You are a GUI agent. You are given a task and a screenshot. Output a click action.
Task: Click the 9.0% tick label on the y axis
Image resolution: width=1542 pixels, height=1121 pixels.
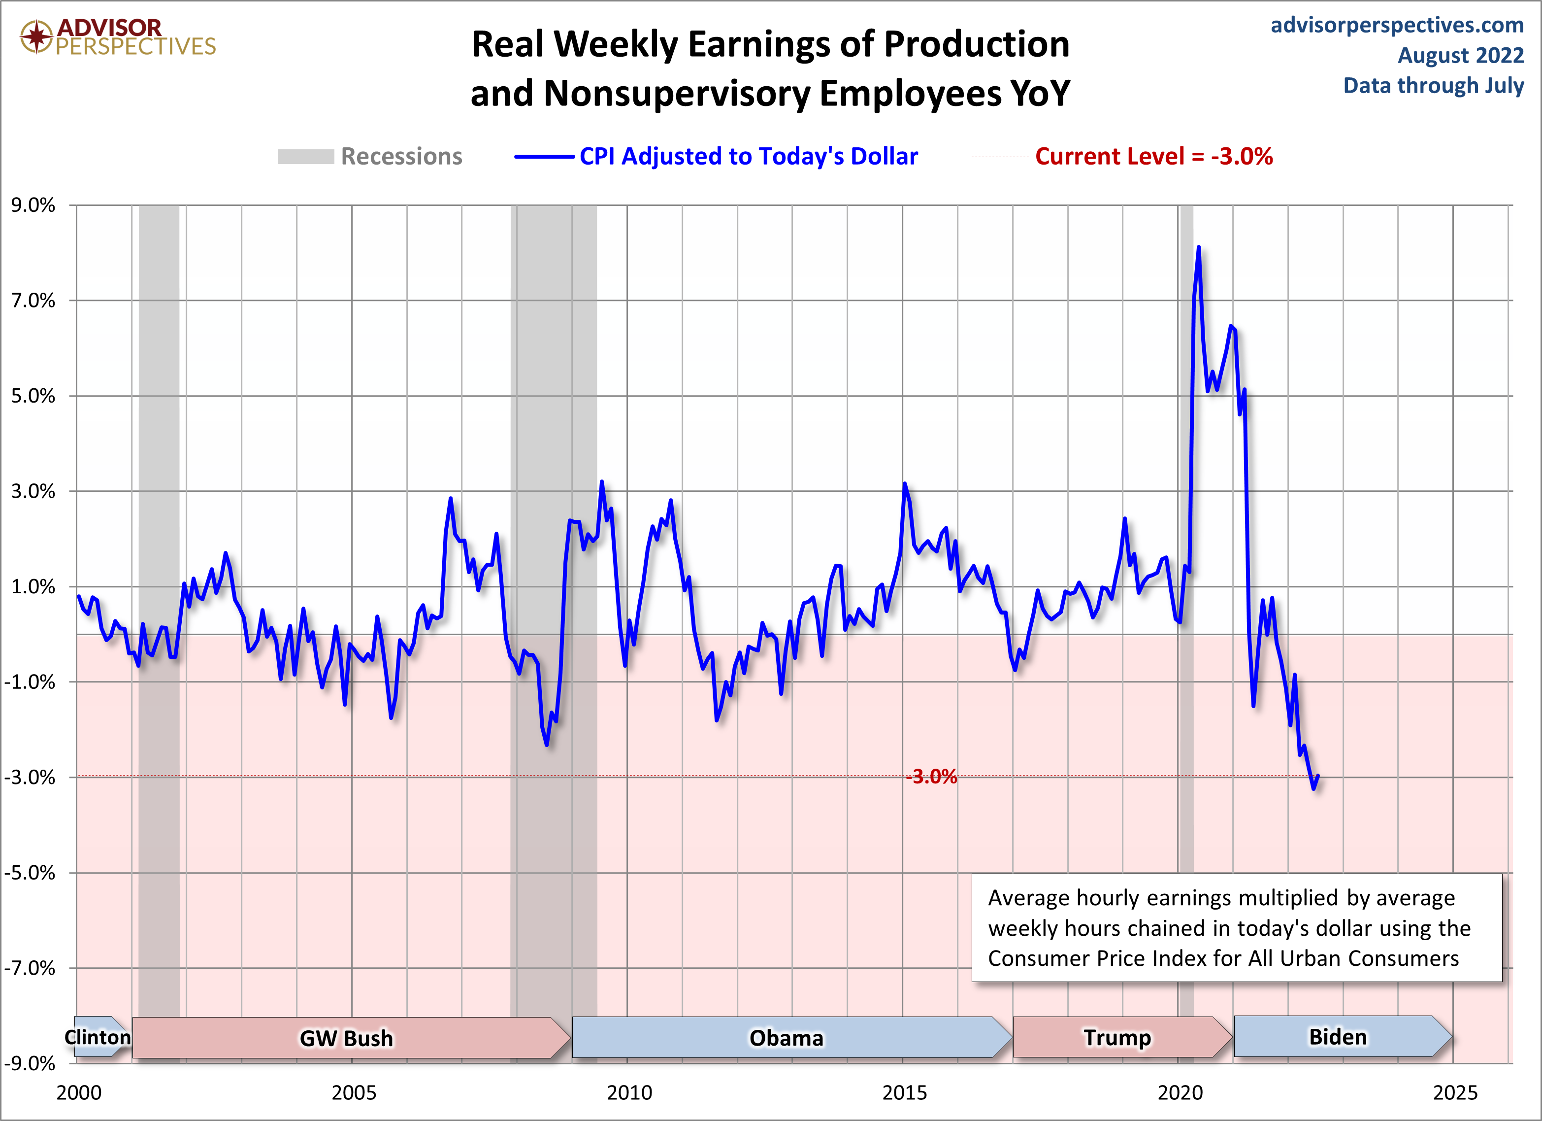coord(33,205)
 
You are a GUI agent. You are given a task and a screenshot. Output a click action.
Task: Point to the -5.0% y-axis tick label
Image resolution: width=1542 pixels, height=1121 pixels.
coord(30,873)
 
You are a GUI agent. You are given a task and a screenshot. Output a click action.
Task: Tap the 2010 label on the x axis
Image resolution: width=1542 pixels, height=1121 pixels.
coord(629,1092)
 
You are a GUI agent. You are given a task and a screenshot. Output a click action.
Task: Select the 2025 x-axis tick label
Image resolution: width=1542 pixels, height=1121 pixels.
coord(1455,1092)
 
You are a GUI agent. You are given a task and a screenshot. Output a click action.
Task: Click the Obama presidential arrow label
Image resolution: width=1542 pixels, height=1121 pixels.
coord(786,1038)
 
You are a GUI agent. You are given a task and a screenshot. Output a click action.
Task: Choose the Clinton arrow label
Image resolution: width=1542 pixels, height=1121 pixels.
coord(97,1037)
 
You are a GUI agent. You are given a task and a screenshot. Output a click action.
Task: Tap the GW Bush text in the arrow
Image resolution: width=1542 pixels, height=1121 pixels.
coord(346,1039)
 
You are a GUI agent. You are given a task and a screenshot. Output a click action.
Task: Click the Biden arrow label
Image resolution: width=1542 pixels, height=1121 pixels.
coord(1337,1037)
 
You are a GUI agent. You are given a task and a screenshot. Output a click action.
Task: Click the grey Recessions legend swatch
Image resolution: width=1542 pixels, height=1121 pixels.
coord(305,157)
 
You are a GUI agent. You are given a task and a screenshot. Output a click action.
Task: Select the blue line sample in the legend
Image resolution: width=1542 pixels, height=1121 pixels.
coord(544,157)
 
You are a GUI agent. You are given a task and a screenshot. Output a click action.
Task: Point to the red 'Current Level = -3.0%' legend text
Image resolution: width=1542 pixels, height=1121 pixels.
coord(1154,157)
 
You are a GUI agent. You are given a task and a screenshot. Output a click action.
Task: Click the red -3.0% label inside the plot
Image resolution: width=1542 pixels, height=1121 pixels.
coord(931,777)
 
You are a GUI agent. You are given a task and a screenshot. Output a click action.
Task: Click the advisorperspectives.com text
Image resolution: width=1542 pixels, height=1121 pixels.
coord(1397,25)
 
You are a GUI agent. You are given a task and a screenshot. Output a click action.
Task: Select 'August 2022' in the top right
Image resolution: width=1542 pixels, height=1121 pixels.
coord(1460,55)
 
